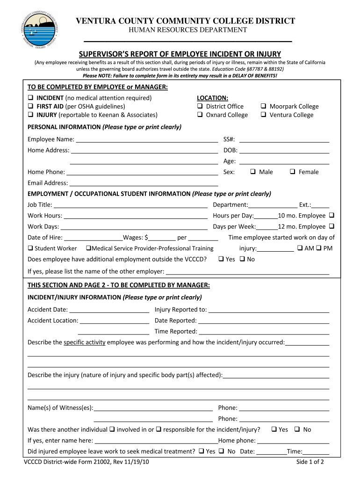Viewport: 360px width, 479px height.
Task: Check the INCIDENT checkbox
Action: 31,98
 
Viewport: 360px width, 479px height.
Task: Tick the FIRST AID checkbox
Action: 31,107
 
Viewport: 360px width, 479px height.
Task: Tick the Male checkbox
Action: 253,172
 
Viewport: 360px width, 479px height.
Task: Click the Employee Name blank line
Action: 147,140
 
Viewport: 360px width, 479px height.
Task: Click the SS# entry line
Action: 284,140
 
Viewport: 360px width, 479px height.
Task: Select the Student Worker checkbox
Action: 31,248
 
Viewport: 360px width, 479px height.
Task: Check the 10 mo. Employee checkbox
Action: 331,216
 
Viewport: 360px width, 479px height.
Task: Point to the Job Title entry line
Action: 130,205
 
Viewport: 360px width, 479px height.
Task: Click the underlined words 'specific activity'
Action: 85,342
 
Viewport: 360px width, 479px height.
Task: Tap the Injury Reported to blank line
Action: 269,310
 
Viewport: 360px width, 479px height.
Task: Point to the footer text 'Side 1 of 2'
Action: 310,462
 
